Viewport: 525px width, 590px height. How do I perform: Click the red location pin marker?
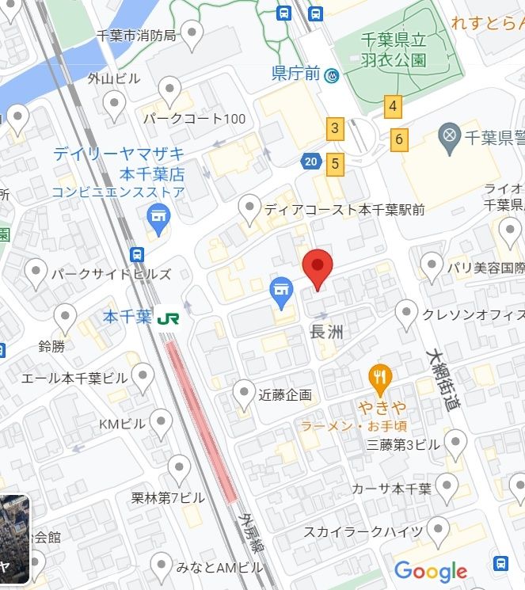pyautogui.click(x=318, y=268)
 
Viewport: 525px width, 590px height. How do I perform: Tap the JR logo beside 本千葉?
pyautogui.click(x=167, y=318)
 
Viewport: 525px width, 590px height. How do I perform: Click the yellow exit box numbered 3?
pyautogui.click(x=335, y=128)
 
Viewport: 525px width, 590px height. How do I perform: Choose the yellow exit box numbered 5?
pyautogui.click(x=336, y=164)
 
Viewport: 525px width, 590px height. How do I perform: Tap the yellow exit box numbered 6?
pyautogui.click(x=399, y=140)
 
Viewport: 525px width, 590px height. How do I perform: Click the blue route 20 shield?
pyautogui.click(x=310, y=162)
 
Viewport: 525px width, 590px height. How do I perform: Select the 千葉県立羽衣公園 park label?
pyautogui.click(x=394, y=50)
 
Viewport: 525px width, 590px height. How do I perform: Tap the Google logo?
pyautogui.click(x=431, y=571)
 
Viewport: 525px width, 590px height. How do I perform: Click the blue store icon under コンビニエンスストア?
pyautogui.click(x=158, y=216)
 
